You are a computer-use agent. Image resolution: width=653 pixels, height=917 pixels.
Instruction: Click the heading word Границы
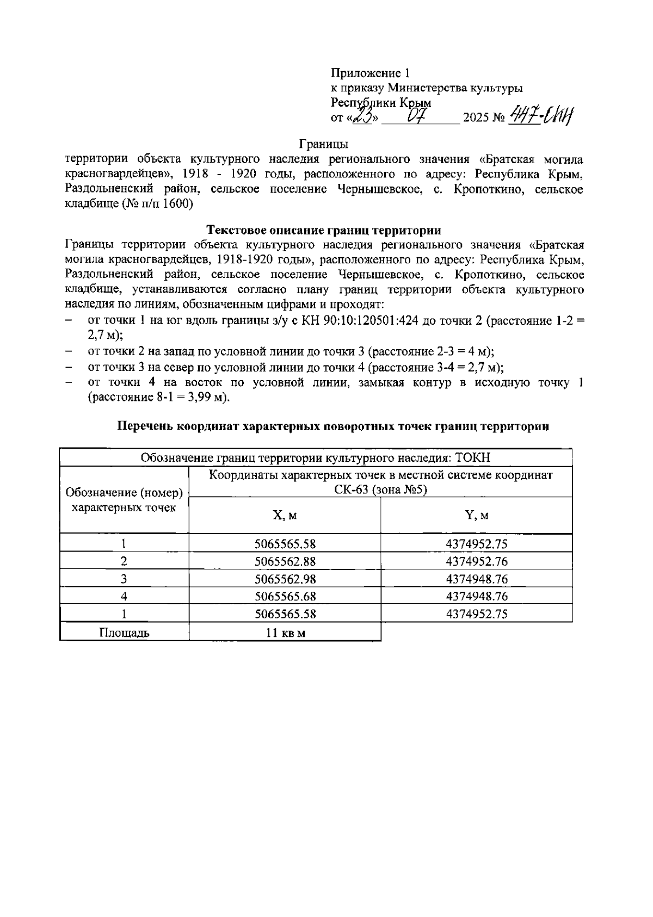coord(324,144)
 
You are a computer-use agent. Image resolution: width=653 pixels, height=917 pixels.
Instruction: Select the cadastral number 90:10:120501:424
coord(359,321)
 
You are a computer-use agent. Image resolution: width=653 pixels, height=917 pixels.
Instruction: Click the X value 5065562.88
coord(285,561)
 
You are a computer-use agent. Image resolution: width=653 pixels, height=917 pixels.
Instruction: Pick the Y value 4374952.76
coord(477,561)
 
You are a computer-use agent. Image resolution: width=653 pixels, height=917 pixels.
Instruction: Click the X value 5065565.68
coord(285,596)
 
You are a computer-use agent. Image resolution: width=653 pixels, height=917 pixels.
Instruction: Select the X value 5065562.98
coord(285,579)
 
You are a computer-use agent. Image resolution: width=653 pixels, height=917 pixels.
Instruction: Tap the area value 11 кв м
coord(285,633)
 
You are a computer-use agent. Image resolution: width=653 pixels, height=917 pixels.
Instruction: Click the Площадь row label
coord(124,633)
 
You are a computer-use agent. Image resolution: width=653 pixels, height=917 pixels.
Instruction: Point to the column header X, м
coord(285,515)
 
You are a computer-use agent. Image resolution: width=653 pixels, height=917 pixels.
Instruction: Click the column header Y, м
coord(477,515)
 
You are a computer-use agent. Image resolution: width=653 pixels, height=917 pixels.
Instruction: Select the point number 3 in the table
coord(124,579)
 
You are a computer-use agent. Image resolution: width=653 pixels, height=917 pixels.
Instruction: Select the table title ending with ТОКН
coord(316,458)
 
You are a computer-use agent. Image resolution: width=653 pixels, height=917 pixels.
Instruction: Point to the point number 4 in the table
coord(124,596)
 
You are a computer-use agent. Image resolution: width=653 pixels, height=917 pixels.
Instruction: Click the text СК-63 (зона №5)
coord(381,490)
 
